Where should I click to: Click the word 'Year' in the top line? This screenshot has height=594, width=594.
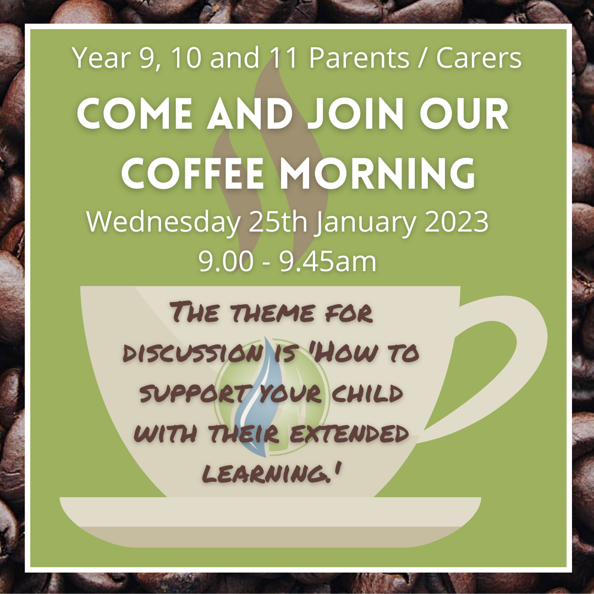click(101, 58)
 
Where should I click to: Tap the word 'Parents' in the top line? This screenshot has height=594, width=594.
click(359, 58)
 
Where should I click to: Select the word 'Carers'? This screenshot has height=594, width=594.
click(479, 58)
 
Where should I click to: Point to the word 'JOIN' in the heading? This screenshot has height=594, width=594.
click(356, 113)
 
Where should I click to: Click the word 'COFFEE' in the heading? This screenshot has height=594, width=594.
click(193, 173)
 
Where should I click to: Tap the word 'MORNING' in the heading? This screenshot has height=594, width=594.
click(377, 173)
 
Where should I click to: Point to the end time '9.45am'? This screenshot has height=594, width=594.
click(328, 261)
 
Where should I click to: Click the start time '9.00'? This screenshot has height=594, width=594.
click(226, 261)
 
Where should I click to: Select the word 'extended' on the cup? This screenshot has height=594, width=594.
click(349, 433)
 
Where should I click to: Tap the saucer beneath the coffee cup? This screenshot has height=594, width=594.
click(270, 522)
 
